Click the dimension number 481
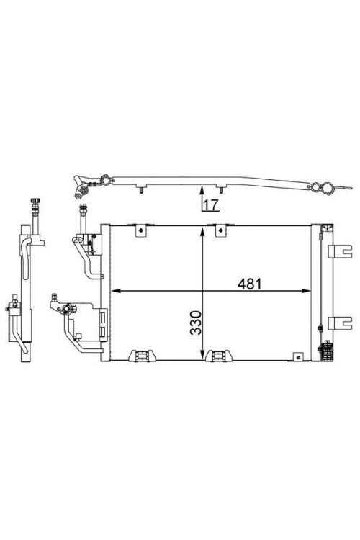pos(250,284)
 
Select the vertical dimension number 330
pos(196,323)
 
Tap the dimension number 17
pos(210,205)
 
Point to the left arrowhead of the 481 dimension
pos(116,291)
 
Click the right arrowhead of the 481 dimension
pos(306,291)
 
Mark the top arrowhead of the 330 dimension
pos(202,231)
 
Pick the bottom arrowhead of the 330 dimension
pos(202,355)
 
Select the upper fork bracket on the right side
pos(340,251)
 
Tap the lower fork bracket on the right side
pos(340,323)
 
